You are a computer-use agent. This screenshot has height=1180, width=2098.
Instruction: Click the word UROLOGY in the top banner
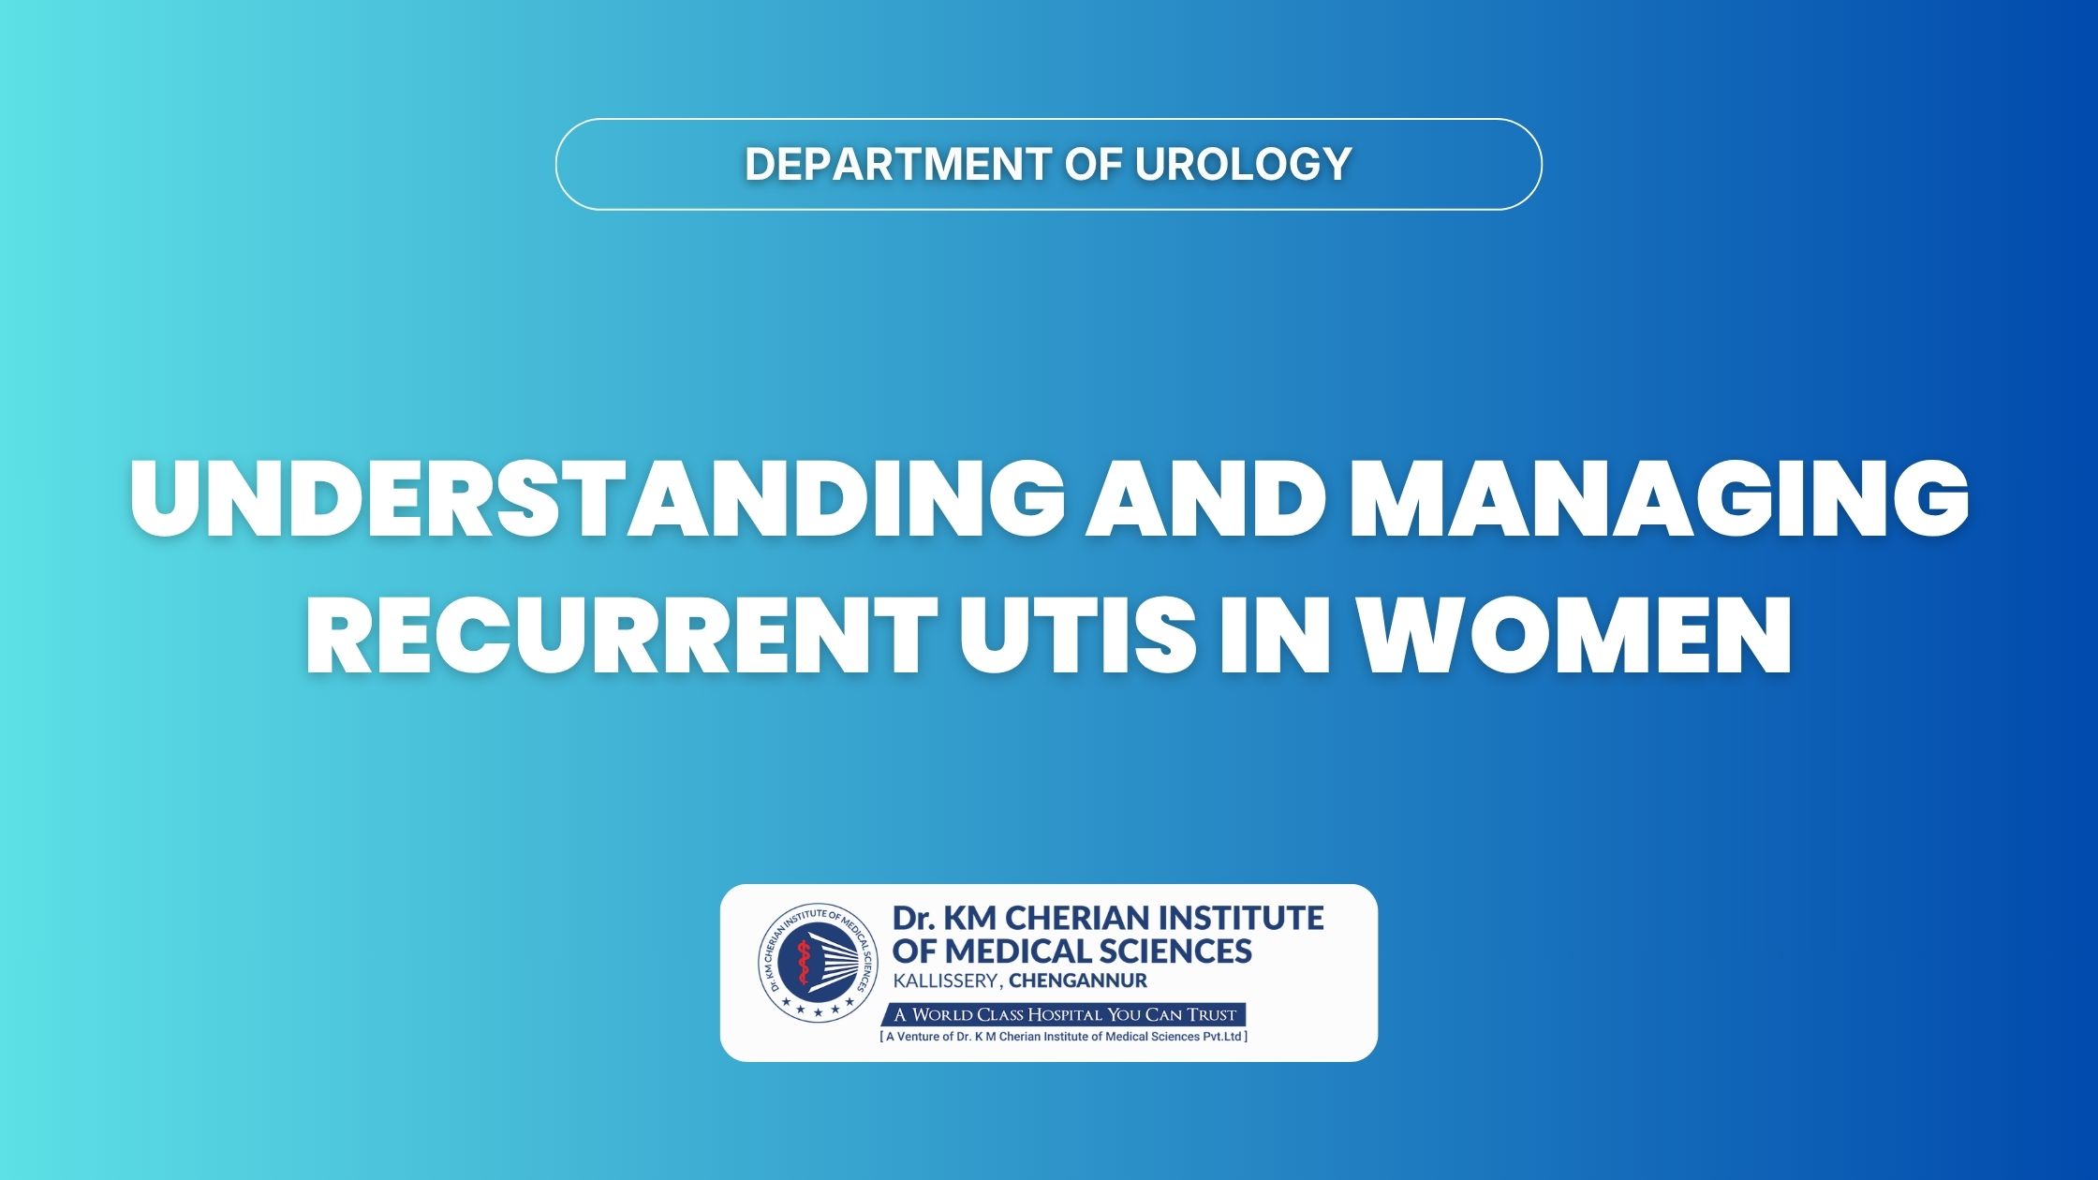1243,164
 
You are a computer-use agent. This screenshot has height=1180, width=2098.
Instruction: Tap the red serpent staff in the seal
802,964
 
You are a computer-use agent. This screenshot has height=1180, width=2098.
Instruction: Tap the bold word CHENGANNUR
1078,981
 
